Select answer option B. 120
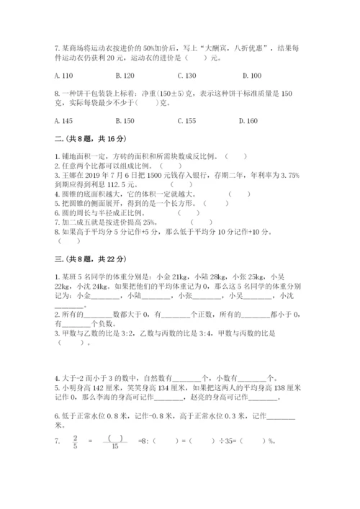click(126, 76)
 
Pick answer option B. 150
click(126, 121)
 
